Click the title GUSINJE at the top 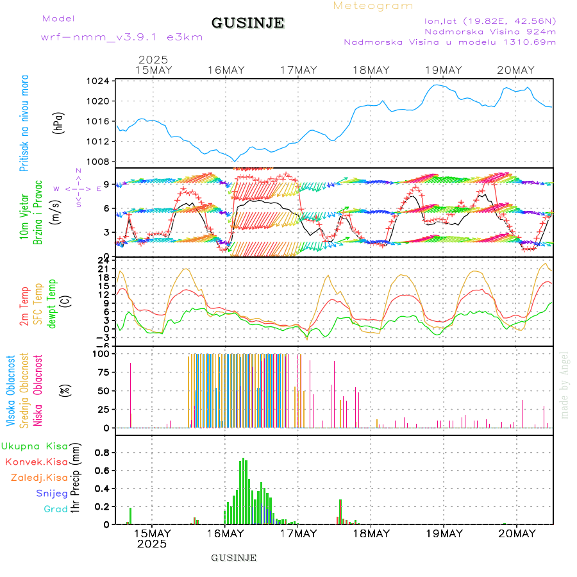tap(247, 23)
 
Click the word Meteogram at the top tap(373, 6)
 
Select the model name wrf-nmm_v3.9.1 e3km tap(122, 37)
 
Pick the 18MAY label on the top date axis tap(371, 70)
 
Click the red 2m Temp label tap(24, 306)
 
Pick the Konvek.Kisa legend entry tap(37, 462)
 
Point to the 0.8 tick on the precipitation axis tap(100, 452)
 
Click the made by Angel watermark tap(565, 385)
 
